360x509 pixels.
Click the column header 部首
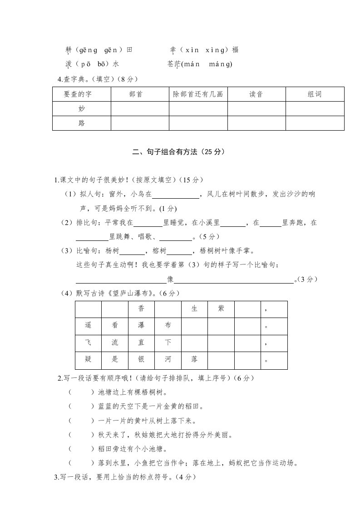(x=140, y=94)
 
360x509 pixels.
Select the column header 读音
(x=256, y=94)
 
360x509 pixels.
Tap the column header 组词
(x=315, y=94)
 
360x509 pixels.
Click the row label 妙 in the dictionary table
(x=82, y=108)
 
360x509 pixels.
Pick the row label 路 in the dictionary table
(x=82, y=123)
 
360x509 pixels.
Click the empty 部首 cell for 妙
(x=140, y=108)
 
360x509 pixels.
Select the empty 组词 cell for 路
(x=315, y=123)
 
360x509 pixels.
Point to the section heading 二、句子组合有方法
(x=178, y=153)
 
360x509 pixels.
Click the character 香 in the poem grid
(x=141, y=308)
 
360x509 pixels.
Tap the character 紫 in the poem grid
(x=221, y=308)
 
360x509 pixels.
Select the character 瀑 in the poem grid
(x=141, y=325)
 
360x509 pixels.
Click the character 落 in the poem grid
(x=194, y=359)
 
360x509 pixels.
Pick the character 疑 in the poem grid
(x=88, y=359)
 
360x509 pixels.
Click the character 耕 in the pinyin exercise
(x=69, y=50)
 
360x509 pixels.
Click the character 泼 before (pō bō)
(x=69, y=64)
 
